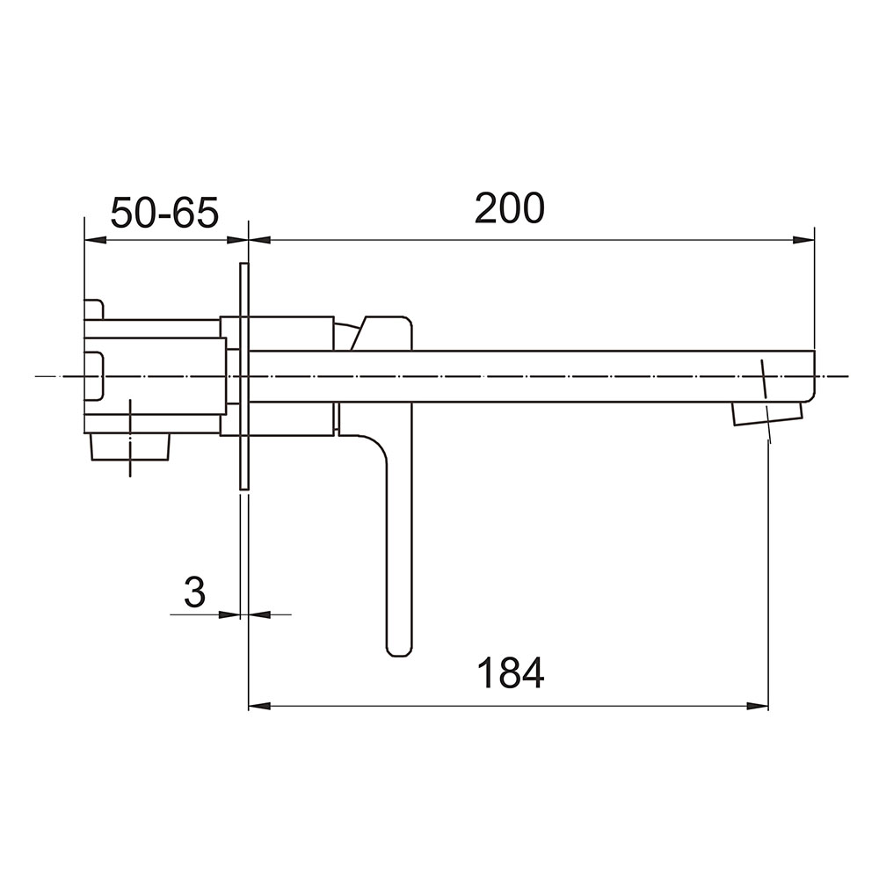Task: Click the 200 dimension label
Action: [509, 208]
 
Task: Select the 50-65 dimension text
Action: [164, 213]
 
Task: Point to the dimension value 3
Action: [194, 592]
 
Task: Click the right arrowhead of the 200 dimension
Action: [803, 240]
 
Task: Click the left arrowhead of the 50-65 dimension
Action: [95, 240]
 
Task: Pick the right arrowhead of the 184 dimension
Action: [757, 707]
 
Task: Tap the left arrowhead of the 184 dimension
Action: [259, 707]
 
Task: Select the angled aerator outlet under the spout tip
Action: [766, 414]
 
